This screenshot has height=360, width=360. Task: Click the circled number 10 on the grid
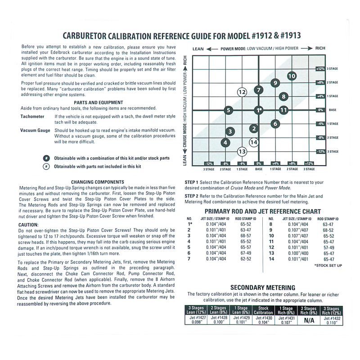pos(292,76)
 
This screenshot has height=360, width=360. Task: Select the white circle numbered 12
pos(243,92)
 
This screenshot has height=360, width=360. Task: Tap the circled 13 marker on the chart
pos(242,152)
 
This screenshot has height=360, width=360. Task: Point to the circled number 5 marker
pos(229,110)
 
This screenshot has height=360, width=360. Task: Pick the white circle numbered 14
pos(254,142)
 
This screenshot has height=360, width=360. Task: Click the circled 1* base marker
pos(258,110)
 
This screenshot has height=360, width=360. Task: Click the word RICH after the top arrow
pos(320,48)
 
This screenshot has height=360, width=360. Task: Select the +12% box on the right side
pos(320,68)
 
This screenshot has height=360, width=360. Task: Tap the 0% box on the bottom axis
pos(259,164)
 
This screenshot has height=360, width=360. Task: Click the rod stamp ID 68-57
pos(246,236)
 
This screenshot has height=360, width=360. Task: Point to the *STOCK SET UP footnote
pos(328,265)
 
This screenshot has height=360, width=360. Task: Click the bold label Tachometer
pos(32,116)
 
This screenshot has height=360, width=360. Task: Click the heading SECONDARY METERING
pos(263,287)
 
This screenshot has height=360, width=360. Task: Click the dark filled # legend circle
pos(46,158)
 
